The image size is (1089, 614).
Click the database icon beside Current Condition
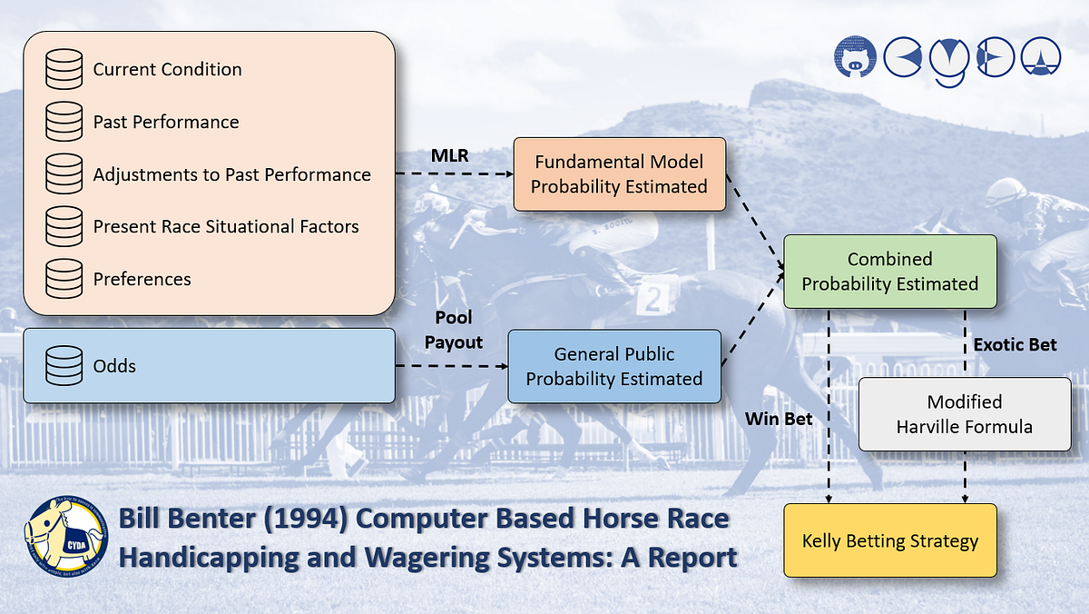(64, 70)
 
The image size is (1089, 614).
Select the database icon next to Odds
(64, 366)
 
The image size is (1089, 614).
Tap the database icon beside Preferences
(64, 279)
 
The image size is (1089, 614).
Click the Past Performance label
(166, 123)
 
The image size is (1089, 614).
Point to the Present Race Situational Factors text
(226, 227)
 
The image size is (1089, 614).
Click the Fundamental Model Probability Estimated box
(619, 174)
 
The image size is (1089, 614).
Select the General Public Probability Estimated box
(614, 366)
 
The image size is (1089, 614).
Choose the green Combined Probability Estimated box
(889, 272)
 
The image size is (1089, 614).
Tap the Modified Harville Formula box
(964, 414)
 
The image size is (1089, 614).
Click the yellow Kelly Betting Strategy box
(889, 541)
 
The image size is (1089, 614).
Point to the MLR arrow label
(450, 156)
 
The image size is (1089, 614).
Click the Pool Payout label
(454, 331)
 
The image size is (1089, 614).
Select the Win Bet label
(779, 419)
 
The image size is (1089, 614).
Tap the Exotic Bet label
(1015, 345)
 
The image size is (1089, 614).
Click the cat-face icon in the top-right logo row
(855, 57)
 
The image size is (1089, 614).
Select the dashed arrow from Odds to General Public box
(450, 367)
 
